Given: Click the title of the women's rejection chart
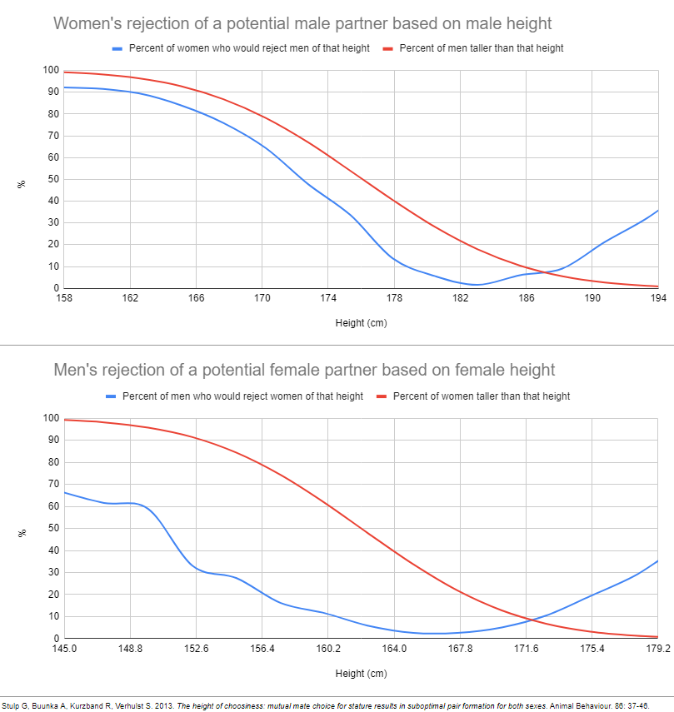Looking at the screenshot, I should (302, 22).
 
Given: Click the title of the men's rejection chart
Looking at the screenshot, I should (304, 369).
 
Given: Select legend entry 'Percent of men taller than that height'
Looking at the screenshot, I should (481, 48).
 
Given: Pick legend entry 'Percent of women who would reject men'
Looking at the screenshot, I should (249, 48).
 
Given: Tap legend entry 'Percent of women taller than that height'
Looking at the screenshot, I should (481, 396).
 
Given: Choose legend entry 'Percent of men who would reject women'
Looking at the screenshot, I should (242, 396).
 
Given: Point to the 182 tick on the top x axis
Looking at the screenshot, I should (460, 297).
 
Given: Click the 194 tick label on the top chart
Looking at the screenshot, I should (658, 297).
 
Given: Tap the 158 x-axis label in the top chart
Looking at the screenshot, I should (64, 297).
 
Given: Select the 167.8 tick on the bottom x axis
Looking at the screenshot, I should (460, 649).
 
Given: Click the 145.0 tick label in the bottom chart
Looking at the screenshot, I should (64, 649).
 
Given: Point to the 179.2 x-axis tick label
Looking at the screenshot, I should (657, 649).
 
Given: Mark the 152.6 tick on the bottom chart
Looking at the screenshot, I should (196, 649).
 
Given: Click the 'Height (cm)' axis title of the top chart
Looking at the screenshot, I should (361, 322).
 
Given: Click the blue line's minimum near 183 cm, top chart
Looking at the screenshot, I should (476, 285).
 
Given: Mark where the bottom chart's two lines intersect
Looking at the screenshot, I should (530, 620).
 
